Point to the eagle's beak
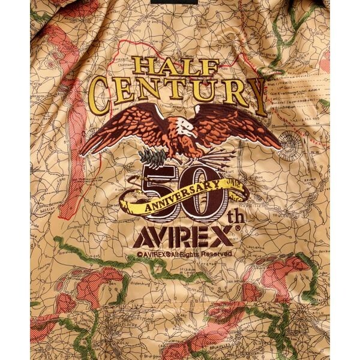[194, 133]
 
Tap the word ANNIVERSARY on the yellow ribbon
[180, 192]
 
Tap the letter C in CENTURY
[102, 94]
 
